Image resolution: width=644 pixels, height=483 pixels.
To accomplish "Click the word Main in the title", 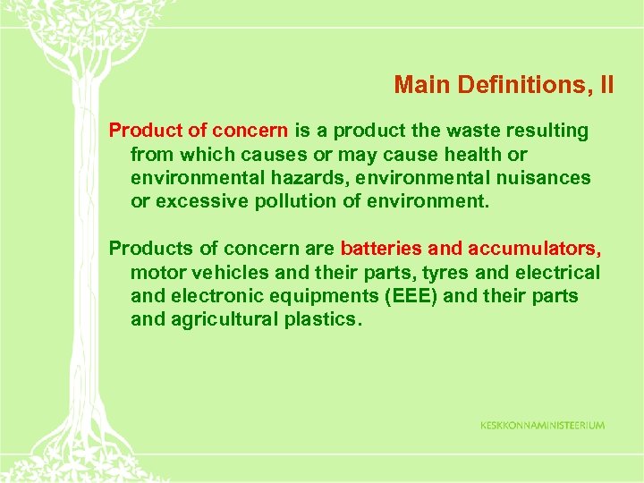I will tap(422, 85).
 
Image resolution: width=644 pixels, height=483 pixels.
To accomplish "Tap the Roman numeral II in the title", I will tap(606, 85).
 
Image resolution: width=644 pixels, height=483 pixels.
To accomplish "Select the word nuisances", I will tap(544, 178).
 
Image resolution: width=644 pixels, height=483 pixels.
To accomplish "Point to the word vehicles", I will tap(219, 272).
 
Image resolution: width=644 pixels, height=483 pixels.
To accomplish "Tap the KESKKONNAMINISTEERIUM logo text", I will tap(542, 425).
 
